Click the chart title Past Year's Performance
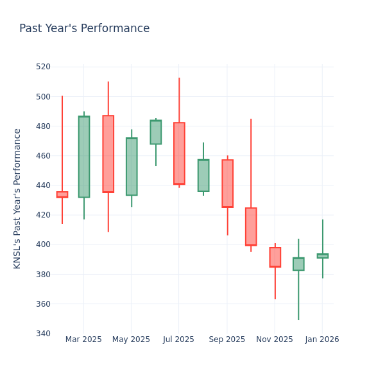(84, 29)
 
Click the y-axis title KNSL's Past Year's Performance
(17, 198)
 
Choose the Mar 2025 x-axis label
(83, 339)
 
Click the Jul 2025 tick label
(179, 339)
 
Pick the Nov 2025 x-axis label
(275, 339)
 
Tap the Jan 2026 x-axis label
(322, 339)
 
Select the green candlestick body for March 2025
(84, 157)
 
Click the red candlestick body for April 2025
(108, 154)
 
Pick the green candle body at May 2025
(132, 166)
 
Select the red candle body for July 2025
(179, 153)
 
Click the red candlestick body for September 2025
(227, 184)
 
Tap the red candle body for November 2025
(275, 257)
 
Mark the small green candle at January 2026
(322, 255)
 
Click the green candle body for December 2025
(298, 264)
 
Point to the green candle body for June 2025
(155, 132)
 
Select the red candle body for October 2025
(251, 227)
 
